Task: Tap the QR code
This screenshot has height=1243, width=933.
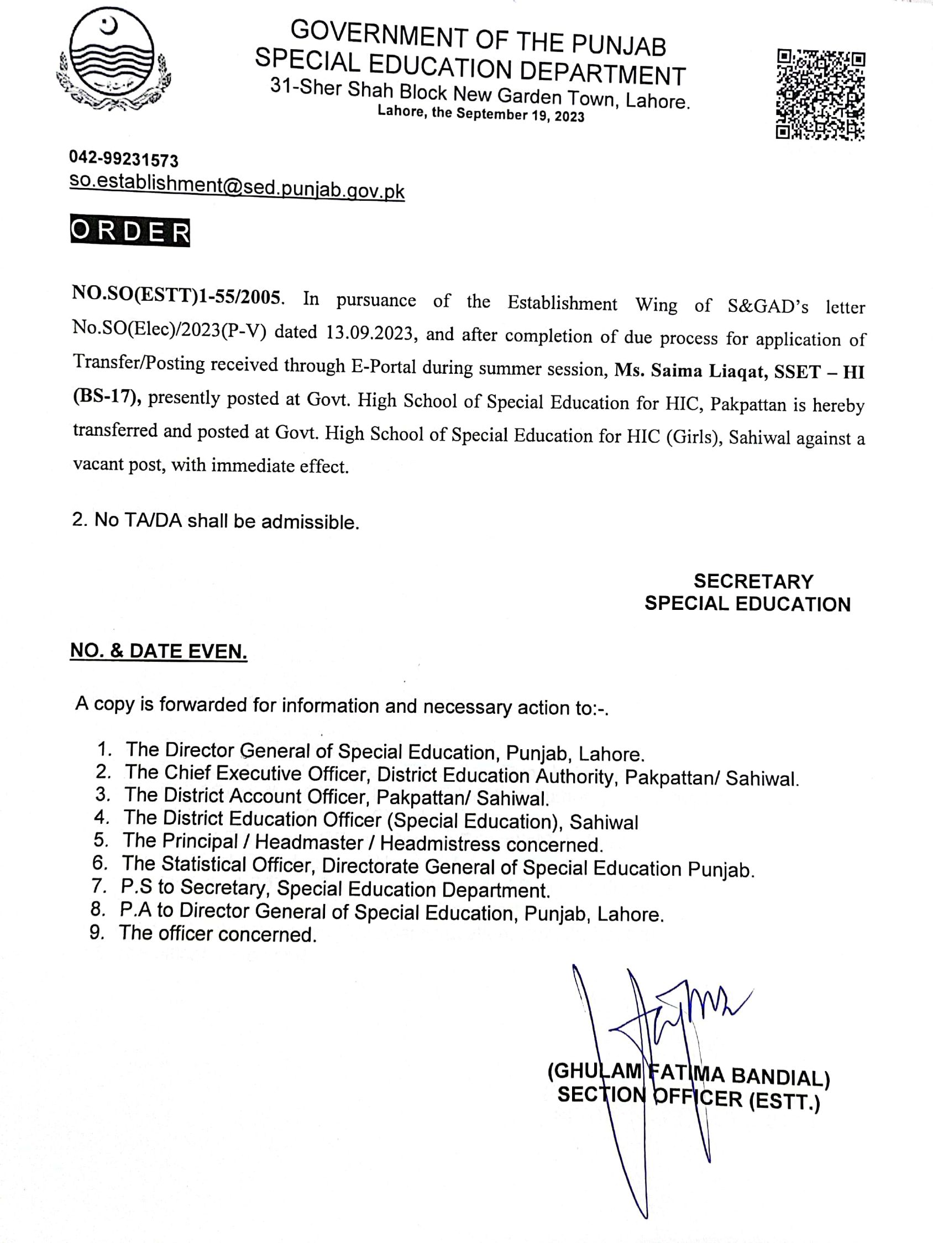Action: pyautogui.click(x=821, y=95)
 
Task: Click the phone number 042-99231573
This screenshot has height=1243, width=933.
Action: pyautogui.click(x=124, y=160)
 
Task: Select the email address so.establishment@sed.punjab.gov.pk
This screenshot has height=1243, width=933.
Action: pyautogui.click(x=237, y=187)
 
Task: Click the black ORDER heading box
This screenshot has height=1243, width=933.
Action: pyautogui.click(x=130, y=232)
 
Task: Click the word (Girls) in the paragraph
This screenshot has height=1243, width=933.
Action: pyautogui.click(x=694, y=437)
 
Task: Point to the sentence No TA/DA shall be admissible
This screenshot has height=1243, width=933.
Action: pyautogui.click(x=216, y=521)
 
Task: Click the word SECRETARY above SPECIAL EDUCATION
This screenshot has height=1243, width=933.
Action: pyautogui.click(x=753, y=581)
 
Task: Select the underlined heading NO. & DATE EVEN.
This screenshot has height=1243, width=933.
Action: pyautogui.click(x=159, y=651)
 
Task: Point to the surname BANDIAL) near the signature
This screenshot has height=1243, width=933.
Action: pyautogui.click(x=780, y=1076)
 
